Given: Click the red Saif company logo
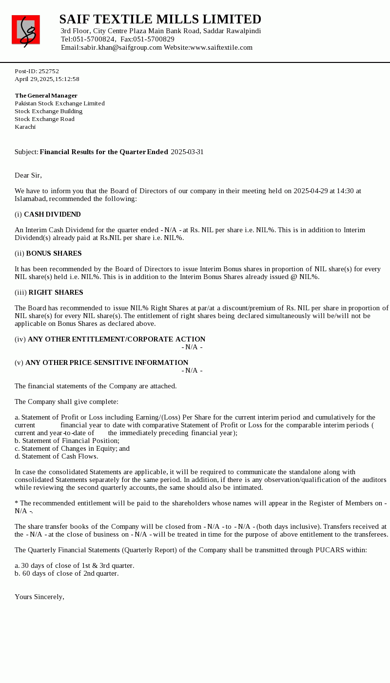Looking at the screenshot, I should click(26, 30).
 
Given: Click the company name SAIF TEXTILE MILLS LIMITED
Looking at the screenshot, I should click(160, 20).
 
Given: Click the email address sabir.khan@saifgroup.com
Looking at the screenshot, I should click(121, 47).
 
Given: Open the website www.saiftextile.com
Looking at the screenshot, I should click(221, 47).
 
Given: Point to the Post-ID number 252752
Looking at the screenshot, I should click(49, 71).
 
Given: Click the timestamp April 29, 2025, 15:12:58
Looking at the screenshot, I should click(47, 79).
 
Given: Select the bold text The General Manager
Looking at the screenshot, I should click(46, 96).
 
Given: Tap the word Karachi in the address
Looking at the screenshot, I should click(25, 127).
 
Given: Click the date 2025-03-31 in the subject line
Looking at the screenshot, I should click(187, 152).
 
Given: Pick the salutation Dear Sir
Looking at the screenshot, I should click(28, 175).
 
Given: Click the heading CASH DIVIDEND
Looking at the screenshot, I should click(52, 214).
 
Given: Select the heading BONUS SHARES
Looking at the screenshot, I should click(54, 253).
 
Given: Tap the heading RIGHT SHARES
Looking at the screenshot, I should click(56, 292).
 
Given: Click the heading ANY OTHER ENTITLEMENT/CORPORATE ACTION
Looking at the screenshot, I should click(117, 339).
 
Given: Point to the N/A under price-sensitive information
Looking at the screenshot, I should click(192, 370).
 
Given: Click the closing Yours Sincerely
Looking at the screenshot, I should click(39, 597).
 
